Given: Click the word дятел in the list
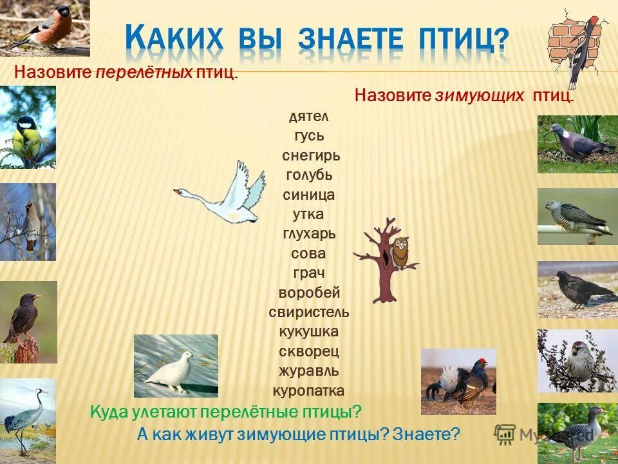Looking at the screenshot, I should [309, 117].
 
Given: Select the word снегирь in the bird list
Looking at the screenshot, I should [310, 156].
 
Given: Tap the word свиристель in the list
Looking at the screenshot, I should [309, 313].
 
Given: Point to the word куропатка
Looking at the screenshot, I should [308, 391].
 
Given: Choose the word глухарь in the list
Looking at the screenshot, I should [309, 234].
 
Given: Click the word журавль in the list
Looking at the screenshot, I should [309, 371].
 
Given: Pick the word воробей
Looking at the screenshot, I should [309, 293].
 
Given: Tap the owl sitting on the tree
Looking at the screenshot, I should [400, 252].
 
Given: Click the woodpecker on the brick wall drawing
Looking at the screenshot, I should [579, 45].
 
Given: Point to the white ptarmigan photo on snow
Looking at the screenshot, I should [175, 366].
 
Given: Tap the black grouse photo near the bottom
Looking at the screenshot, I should [458, 381].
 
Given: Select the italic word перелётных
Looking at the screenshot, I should [144, 72].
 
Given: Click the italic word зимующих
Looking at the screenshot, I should [480, 96].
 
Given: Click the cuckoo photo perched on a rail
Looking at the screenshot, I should [577, 216].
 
